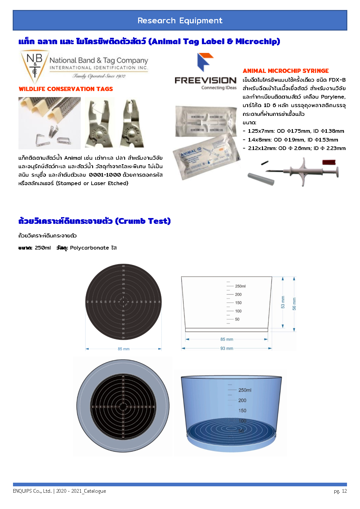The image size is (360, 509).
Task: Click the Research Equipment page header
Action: pos(180,21)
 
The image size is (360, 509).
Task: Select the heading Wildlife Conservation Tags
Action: pos(66,89)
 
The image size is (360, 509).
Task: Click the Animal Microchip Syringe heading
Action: pos(286,71)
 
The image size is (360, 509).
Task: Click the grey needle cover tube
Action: pos(261,178)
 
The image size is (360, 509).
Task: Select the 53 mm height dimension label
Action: pos(283,302)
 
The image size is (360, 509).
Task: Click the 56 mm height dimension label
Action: pos(294,304)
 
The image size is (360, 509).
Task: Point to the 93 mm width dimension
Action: pos(227,348)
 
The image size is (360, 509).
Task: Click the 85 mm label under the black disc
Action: pos(124,349)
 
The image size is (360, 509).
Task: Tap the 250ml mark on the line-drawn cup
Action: pos(240,286)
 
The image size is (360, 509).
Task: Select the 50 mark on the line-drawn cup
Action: pos(237,319)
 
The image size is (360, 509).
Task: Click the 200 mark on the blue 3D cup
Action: pos(242,400)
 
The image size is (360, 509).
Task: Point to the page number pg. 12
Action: pos(340,491)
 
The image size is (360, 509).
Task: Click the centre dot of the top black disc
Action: pos(123,302)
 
